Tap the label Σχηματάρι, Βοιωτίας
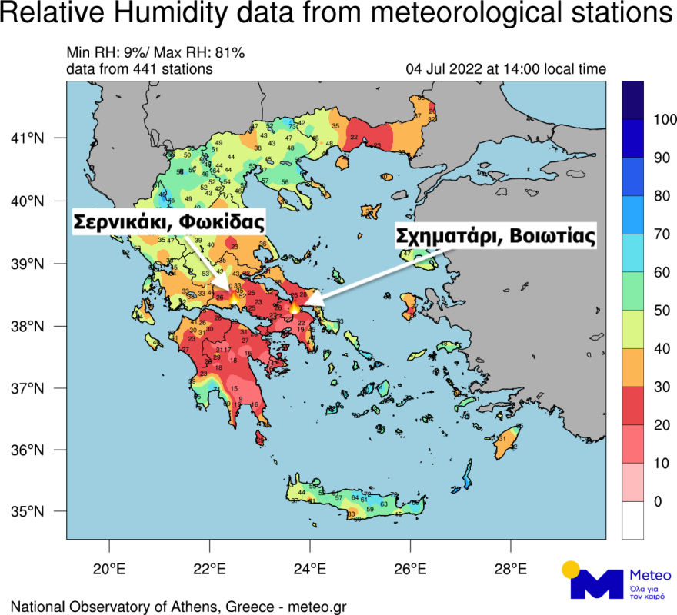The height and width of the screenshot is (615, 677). click(495, 236)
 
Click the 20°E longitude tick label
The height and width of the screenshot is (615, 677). click(108, 570)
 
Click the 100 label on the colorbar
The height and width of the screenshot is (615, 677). click(664, 120)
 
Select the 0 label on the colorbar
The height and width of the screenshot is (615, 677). click(657, 502)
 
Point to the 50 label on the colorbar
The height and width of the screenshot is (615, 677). click(661, 311)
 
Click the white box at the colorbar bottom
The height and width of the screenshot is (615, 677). click(633, 521)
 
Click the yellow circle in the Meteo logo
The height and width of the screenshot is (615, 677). click(570, 570)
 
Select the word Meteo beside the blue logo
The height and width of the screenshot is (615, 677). click(650, 575)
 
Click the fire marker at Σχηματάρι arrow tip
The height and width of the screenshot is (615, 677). click(295, 307)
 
